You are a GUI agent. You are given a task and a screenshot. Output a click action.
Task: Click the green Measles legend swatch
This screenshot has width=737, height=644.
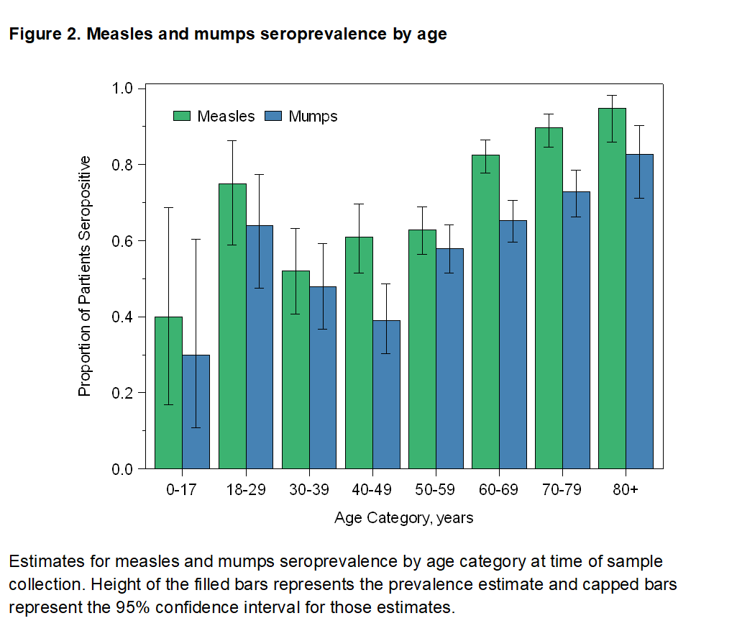(183, 116)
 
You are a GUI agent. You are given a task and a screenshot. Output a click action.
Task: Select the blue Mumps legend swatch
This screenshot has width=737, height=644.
(274, 116)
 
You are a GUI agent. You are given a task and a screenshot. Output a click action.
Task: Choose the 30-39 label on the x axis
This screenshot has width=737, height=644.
(308, 491)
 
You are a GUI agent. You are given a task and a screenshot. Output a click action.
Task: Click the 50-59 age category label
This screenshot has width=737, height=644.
(436, 491)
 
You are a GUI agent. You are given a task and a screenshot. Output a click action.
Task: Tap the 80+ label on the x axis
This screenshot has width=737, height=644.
(625, 491)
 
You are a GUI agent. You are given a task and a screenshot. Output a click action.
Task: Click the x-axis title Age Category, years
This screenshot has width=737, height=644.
(404, 518)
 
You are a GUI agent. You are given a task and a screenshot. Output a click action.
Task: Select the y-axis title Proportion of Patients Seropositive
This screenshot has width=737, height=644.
(85, 276)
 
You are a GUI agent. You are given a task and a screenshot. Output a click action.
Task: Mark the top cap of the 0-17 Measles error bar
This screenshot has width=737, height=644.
(168, 208)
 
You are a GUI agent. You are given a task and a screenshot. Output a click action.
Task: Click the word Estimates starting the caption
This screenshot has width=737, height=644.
(42, 561)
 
